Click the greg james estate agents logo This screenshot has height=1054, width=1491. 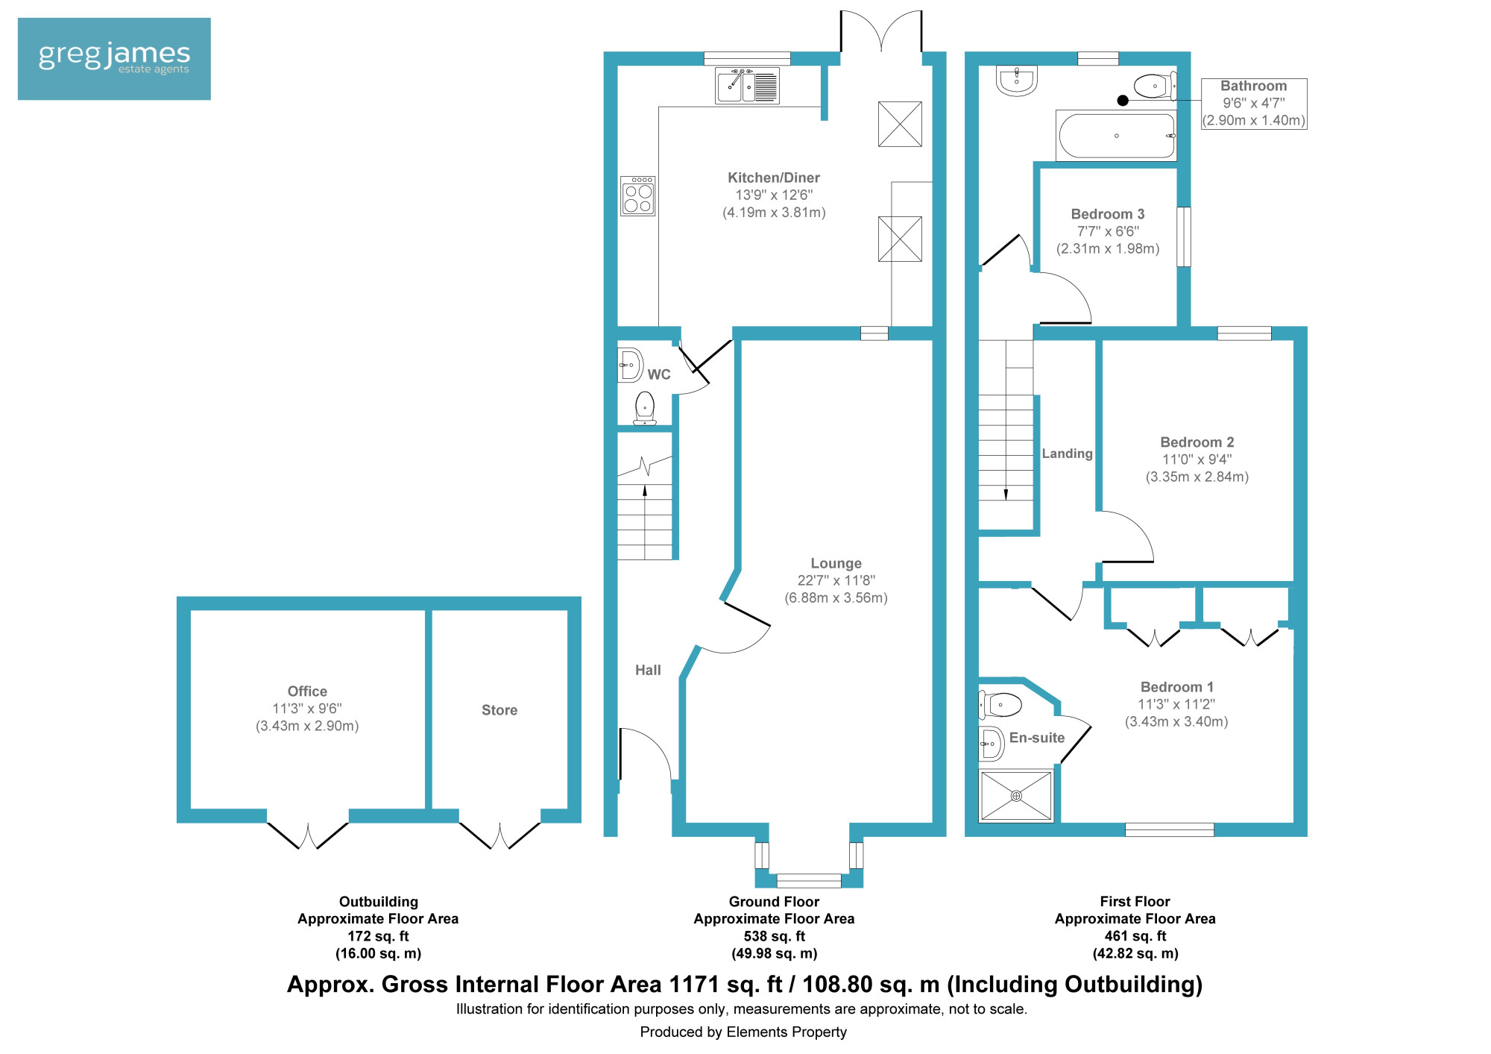(x=114, y=59)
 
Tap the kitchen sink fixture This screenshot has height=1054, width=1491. (x=747, y=86)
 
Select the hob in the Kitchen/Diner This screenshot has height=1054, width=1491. (x=638, y=196)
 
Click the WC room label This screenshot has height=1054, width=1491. (x=659, y=374)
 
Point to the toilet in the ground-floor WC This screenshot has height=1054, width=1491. (x=645, y=409)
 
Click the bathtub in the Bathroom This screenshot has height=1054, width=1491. (x=1117, y=136)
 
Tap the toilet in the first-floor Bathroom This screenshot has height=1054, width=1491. (x=1155, y=86)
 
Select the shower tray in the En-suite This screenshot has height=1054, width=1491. (x=1016, y=796)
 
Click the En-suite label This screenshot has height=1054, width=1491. (x=1037, y=738)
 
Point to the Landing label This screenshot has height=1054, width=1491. (x=1067, y=454)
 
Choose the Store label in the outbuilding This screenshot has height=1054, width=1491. (x=499, y=710)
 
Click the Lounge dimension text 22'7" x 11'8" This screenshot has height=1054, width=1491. (x=836, y=580)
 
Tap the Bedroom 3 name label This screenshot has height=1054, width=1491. (x=1108, y=214)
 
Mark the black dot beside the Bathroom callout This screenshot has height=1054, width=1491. (x=1123, y=101)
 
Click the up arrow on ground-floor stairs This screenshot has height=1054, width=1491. (x=645, y=490)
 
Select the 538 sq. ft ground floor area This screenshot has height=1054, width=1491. (x=775, y=936)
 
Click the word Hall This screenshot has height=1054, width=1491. (x=648, y=670)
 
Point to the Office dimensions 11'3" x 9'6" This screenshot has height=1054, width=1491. (x=307, y=709)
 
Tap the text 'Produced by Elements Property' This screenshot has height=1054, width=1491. (x=743, y=1032)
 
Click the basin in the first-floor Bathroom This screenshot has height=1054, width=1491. (x=1016, y=81)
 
